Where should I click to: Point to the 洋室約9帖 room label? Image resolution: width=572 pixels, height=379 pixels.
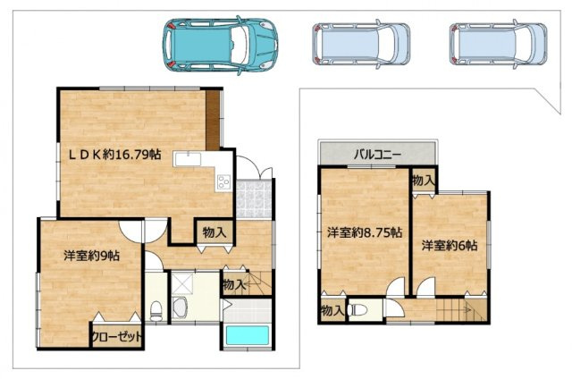pyautogui.click(x=91, y=255)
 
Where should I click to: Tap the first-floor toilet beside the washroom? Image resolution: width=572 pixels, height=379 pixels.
pyautogui.click(x=156, y=311)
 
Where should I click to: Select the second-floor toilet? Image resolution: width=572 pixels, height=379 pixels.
pyautogui.click(x=360, y=310)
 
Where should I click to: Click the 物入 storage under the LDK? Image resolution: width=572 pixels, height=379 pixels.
pyautogui.click(x=214, y=232)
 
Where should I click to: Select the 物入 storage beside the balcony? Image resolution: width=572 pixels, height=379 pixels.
pyautogui.click(x=424, y=181)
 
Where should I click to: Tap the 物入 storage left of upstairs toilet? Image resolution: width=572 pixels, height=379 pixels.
pyautogui.click(x=332, y=310)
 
